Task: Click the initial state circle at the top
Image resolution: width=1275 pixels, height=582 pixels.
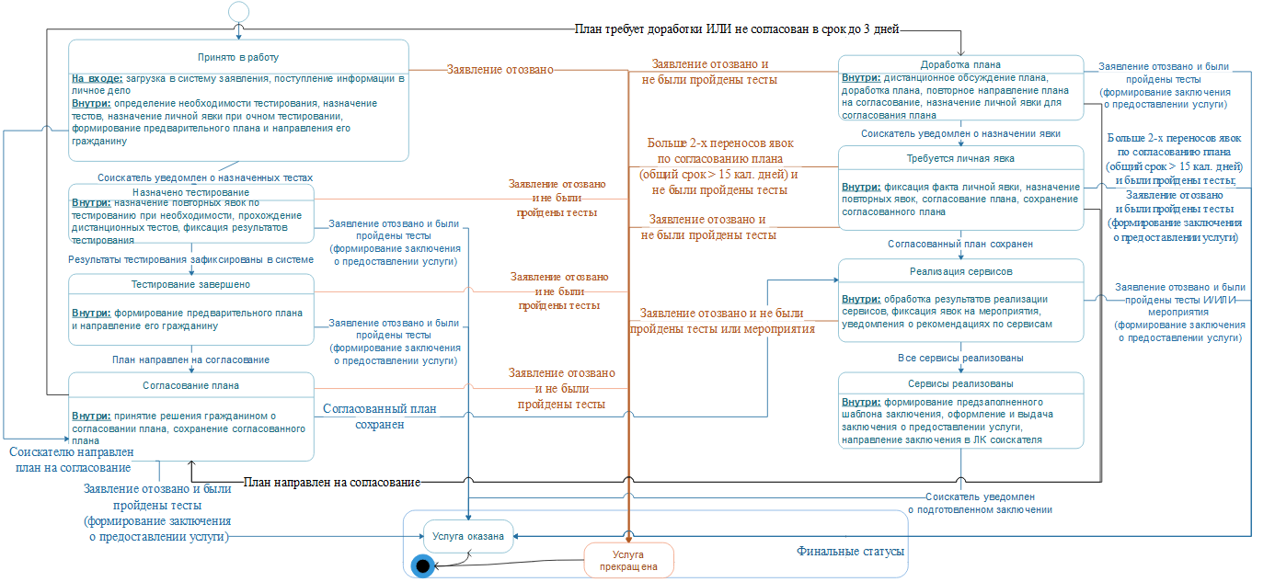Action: click(238, 11)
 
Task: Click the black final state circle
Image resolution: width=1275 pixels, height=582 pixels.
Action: click(423, 565)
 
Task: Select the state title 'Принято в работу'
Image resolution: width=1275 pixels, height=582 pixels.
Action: click(238, 56)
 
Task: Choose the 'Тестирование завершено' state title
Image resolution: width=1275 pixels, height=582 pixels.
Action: click(190, 284)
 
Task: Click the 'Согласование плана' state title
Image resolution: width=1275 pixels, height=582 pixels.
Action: click(190, 384)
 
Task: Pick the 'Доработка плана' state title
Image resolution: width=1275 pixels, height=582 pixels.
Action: click(960, 64)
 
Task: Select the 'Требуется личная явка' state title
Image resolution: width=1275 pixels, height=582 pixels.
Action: click(960, 157)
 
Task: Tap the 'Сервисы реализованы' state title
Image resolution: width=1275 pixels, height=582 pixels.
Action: click(960, 383)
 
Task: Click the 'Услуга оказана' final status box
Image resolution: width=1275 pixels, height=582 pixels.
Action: click(467, 536)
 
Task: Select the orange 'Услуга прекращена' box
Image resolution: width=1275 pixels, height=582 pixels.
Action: click(629, 560)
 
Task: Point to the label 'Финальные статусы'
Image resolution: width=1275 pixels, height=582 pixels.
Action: click(850, 552)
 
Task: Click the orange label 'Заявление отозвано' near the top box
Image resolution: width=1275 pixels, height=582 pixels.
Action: click(500, 69)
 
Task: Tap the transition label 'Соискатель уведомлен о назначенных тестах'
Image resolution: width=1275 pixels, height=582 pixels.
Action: click(205, 177)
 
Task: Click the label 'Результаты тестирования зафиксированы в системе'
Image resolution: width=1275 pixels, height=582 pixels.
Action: click(190, 260)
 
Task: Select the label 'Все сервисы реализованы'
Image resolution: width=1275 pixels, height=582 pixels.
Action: click(960, 358)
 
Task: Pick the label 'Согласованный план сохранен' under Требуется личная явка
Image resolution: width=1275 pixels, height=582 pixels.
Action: click(960, 245)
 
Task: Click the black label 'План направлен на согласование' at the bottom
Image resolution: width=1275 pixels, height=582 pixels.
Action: click(332, 482)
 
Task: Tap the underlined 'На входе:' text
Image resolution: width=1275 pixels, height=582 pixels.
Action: click(96, 78)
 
